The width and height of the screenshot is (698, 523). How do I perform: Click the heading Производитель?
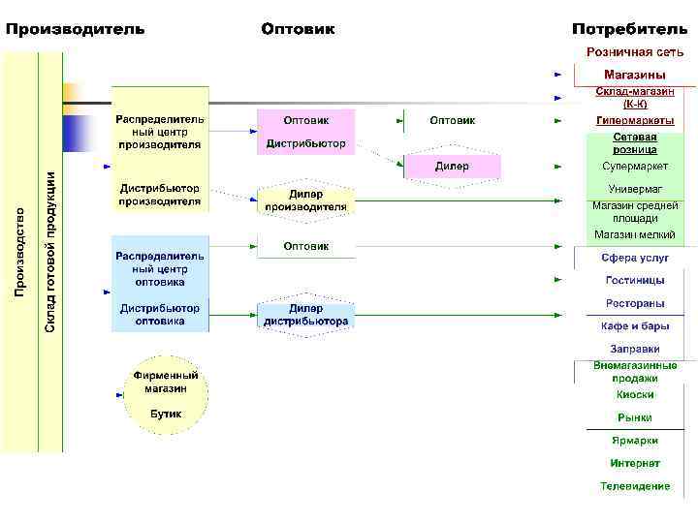pyautogui.click(x=76, y=29)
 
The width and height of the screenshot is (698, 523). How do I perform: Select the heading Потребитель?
pyautogui.click(x=629, y=29)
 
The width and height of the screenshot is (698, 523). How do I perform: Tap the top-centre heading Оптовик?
pyautogui.click(x=298, y=29)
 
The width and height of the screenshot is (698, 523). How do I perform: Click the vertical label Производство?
pyautogui.click(x=19, y=251)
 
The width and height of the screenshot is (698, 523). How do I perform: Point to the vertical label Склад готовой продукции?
pyautogui.click(x=50, y=251)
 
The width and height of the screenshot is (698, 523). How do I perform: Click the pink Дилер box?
pyautogui.click(x=452, y=167)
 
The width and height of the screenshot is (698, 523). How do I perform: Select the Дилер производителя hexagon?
pyautogui.click(x=305, y=200)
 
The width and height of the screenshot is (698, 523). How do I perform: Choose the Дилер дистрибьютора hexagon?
pyautogui.click(x=305, y=315)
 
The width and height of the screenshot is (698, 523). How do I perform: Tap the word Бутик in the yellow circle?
pyautogui.click(x=166, y=414)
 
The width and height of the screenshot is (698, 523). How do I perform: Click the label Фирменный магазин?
pyautogui.click(x=166, y=382)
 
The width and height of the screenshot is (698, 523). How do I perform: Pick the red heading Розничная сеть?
pyautogui.click(x=634, y=52)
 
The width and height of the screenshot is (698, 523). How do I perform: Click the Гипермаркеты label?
pyautogui.click(x=635, y=121)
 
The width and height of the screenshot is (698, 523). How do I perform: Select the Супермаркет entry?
pyautogui.click(x=635, y=167)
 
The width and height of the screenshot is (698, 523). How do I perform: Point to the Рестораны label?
pyautogui.click(x=635, y=304)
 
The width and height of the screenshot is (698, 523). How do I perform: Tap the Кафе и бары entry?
pyautogui.click(x=635, y=326)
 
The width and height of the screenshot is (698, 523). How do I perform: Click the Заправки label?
pyautogui.click(x=635, y=349)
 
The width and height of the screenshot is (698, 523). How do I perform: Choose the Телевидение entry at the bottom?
pyautogui.click(x=635, y=486)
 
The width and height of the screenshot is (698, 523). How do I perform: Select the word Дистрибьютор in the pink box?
pyautogui.click(x=305, y=143)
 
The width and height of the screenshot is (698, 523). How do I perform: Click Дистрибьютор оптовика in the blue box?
pyautogui.click(x=160, y=314)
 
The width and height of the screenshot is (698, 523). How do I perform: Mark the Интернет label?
pyautogui.click(x=635, y=464)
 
